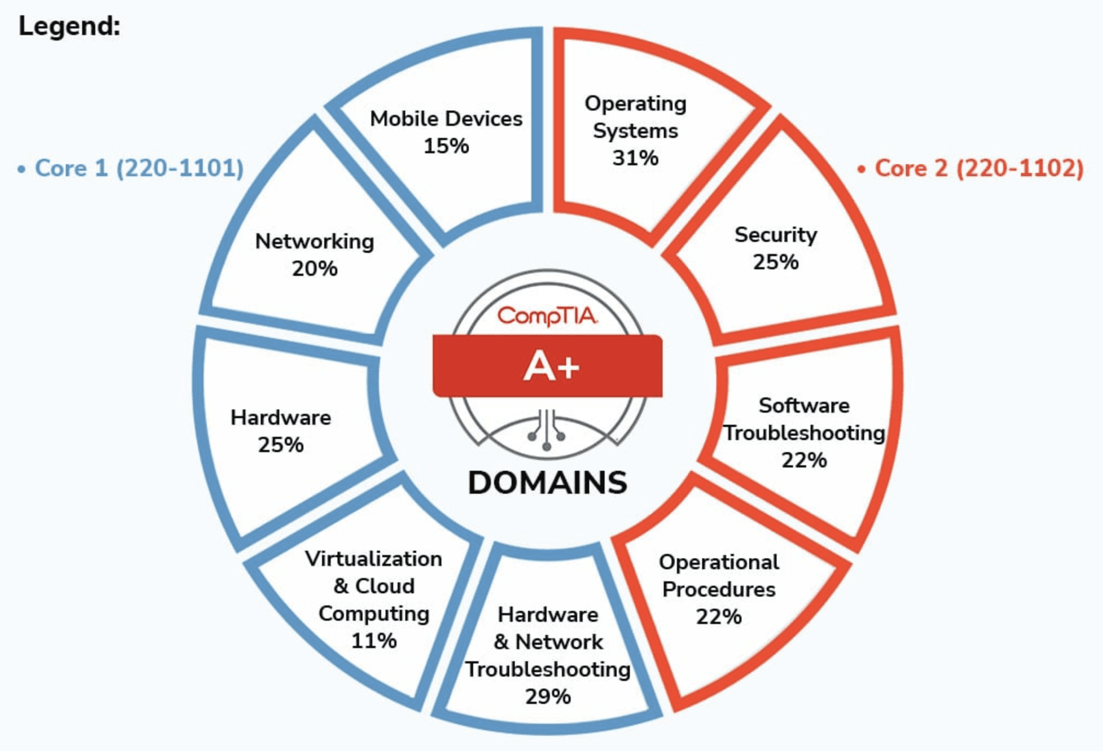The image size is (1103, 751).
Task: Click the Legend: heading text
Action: [70, 26]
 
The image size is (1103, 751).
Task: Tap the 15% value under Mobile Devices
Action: [446, 146]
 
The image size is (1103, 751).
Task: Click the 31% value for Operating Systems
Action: [635, 158]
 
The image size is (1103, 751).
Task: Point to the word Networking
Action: [314, 241]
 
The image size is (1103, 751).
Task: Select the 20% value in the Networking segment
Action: [314, 269]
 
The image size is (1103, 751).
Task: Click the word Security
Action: [775, 235]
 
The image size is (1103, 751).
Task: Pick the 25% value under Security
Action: [775, 262]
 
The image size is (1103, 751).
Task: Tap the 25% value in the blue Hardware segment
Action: [280, 445]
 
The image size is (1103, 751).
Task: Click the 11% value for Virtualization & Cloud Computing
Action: [374, 640]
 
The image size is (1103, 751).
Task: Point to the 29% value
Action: [548, 697]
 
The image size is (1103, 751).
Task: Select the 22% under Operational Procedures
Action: [719, 617]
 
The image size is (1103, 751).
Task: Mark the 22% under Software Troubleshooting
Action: [804, 460]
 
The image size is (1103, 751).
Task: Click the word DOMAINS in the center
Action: [548, 483]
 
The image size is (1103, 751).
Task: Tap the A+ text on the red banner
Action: [550, 366]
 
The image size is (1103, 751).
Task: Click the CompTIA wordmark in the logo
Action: [548, 316]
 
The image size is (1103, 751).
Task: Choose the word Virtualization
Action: [374, 559]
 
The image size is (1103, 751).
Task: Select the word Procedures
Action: [719, 590]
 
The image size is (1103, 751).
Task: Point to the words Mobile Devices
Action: [446, 119]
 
